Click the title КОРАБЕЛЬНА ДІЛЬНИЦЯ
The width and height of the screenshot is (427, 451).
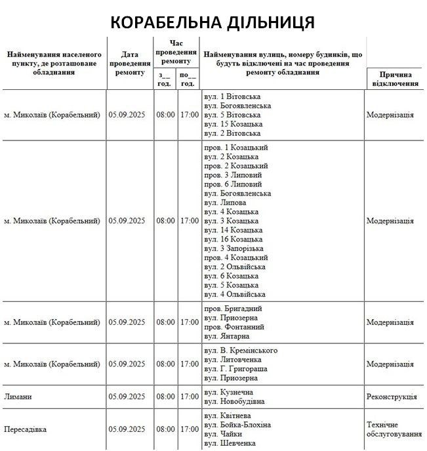click(x=213, y=22)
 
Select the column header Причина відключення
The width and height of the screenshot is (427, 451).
click(x=396, y=79)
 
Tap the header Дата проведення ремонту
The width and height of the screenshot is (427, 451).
click(x=129, y=63)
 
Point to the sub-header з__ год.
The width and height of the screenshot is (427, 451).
click(x=165, y=79)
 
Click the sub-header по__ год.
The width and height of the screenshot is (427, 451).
click(x=188, y=79)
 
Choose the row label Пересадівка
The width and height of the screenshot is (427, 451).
click(x=26, y=429)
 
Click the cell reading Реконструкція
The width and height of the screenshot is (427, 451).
click(x=392, y=397)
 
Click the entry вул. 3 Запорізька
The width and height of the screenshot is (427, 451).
click(x=234, y=248)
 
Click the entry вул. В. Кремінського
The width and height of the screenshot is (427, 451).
click(x=241, y=351)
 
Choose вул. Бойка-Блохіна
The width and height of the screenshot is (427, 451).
click(x=237, y=425)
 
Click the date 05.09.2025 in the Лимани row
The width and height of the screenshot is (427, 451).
click(x=127, y=397)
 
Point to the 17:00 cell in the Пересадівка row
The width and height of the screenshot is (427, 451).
click(x=190, y=429)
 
